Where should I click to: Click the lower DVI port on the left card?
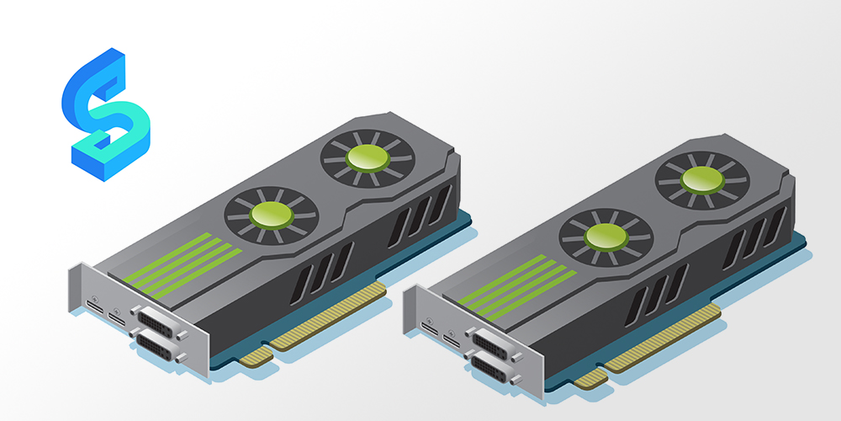point(158,346)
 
